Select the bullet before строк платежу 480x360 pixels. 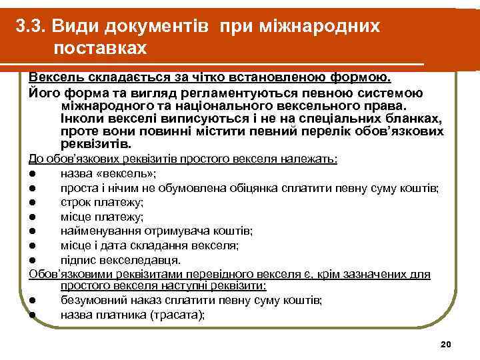[32, 203]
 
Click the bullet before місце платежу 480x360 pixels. [32, 217]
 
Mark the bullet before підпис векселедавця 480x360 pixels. [32, 260]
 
